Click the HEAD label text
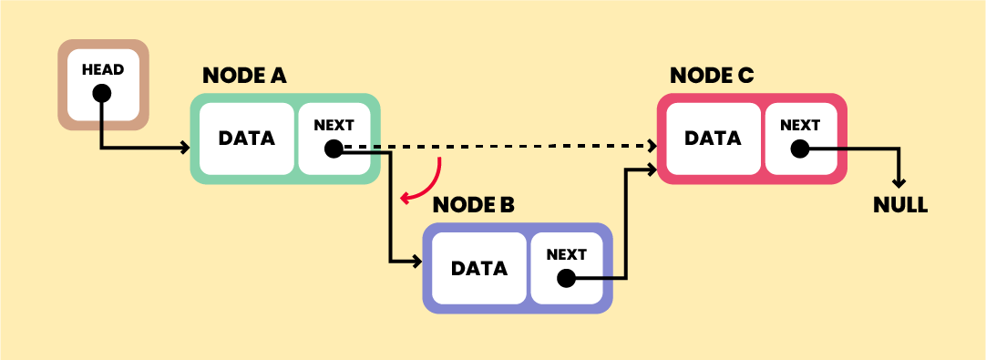click(102, 70)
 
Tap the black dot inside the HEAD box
click(102, 93)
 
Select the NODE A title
click(244, 76)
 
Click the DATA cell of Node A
click(246, 139)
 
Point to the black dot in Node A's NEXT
click(334, 149)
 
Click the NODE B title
click(473, 205)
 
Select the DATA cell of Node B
click(479, 269)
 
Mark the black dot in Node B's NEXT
click(566, 278)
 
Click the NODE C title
click(712, 76)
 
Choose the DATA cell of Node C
click(713, 139)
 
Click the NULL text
click(899, 205)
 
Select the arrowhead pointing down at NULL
click(899, 182)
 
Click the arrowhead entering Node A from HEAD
click(185, 148)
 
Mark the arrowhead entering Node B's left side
click(416, 262)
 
